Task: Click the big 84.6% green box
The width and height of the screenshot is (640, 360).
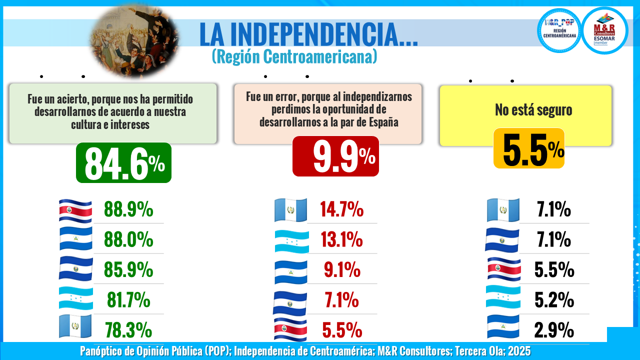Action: coord(123,163)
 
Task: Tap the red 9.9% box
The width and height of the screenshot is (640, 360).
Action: coord(335,156)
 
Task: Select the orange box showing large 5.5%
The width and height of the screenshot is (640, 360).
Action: coord(529,148)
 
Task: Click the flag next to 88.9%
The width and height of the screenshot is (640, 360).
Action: coord(75,210)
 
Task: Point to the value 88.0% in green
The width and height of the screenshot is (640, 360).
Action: coord(128,240)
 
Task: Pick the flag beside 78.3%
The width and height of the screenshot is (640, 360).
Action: coord(75,326)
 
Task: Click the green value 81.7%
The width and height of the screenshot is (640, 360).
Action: coord(128,300)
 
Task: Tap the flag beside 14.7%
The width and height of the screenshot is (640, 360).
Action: coord(290,210)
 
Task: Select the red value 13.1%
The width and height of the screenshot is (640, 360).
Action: coord(342,240)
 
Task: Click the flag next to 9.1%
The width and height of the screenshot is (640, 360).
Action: coord(290,272)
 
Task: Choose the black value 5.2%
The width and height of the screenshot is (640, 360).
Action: coord(554,300)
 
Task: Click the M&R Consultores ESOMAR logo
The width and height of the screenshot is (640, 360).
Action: coord(604,31)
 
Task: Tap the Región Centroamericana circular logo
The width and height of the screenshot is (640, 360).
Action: coord(559,31)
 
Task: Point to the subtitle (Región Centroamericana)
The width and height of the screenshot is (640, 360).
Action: coord(294,57)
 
